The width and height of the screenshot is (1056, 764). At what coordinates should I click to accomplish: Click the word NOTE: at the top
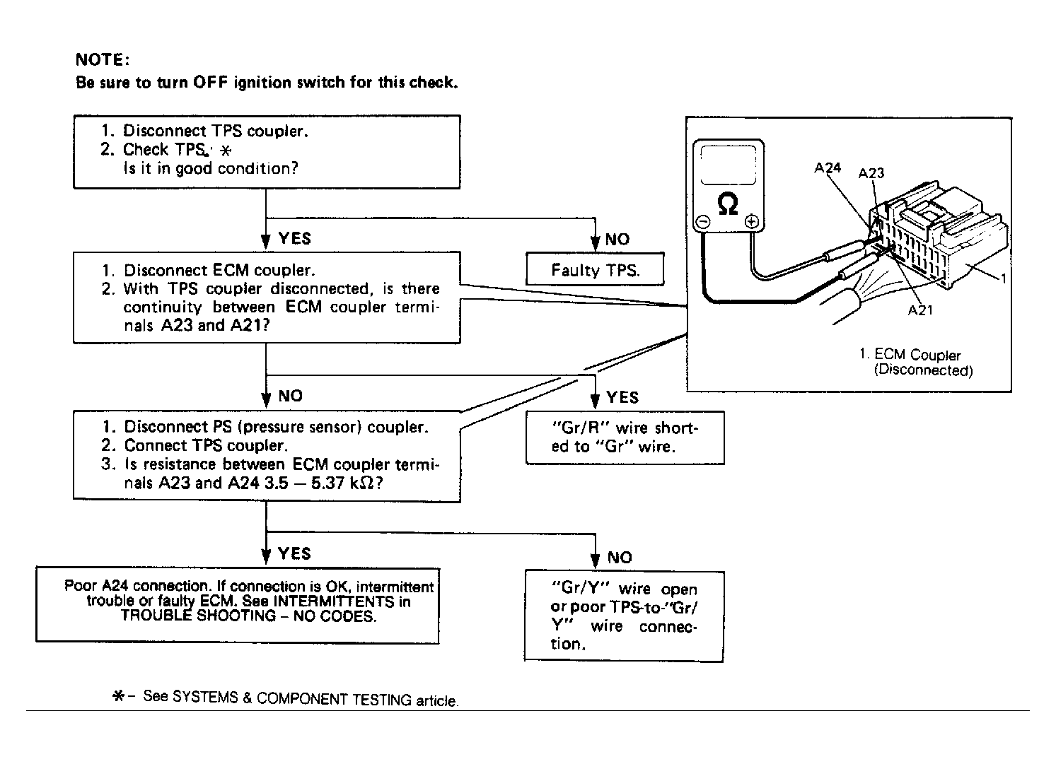(103, 60)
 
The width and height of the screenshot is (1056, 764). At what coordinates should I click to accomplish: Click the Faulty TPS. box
(595, 269)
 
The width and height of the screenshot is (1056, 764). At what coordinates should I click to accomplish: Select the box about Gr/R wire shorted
(625, 437)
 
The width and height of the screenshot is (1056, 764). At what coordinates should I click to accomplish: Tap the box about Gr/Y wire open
(624, 616)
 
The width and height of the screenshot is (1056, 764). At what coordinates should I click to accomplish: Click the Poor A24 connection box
(238, 605)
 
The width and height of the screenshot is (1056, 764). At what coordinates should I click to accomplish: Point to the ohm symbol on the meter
(727, 204)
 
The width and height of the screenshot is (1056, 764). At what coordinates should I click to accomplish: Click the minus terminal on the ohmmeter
(702, 221)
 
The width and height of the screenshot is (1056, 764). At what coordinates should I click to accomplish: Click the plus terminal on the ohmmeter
(751, 221)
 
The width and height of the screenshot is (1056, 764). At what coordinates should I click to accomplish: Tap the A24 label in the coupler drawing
(828, 168)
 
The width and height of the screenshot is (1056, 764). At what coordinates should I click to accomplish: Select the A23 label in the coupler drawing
(871, 173)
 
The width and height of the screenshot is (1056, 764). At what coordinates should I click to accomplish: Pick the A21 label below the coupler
(920, 310)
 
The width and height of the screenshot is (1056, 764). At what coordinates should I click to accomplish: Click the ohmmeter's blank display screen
(729, 165)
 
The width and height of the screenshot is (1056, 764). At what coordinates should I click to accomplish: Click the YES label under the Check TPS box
(295, 238)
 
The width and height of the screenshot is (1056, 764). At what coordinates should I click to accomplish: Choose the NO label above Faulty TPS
(617, 240)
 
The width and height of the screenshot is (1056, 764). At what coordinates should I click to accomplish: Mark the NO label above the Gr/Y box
(620, 558)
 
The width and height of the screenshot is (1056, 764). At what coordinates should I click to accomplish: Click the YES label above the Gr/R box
(622, 397)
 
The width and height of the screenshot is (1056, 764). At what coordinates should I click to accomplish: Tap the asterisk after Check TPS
(226, 151)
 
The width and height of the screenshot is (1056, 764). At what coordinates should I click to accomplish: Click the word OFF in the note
(210, 82)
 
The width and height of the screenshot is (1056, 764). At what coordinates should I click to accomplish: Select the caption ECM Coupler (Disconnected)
(917, 363)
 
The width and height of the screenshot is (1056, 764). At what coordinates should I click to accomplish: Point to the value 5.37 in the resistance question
(327, 483)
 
